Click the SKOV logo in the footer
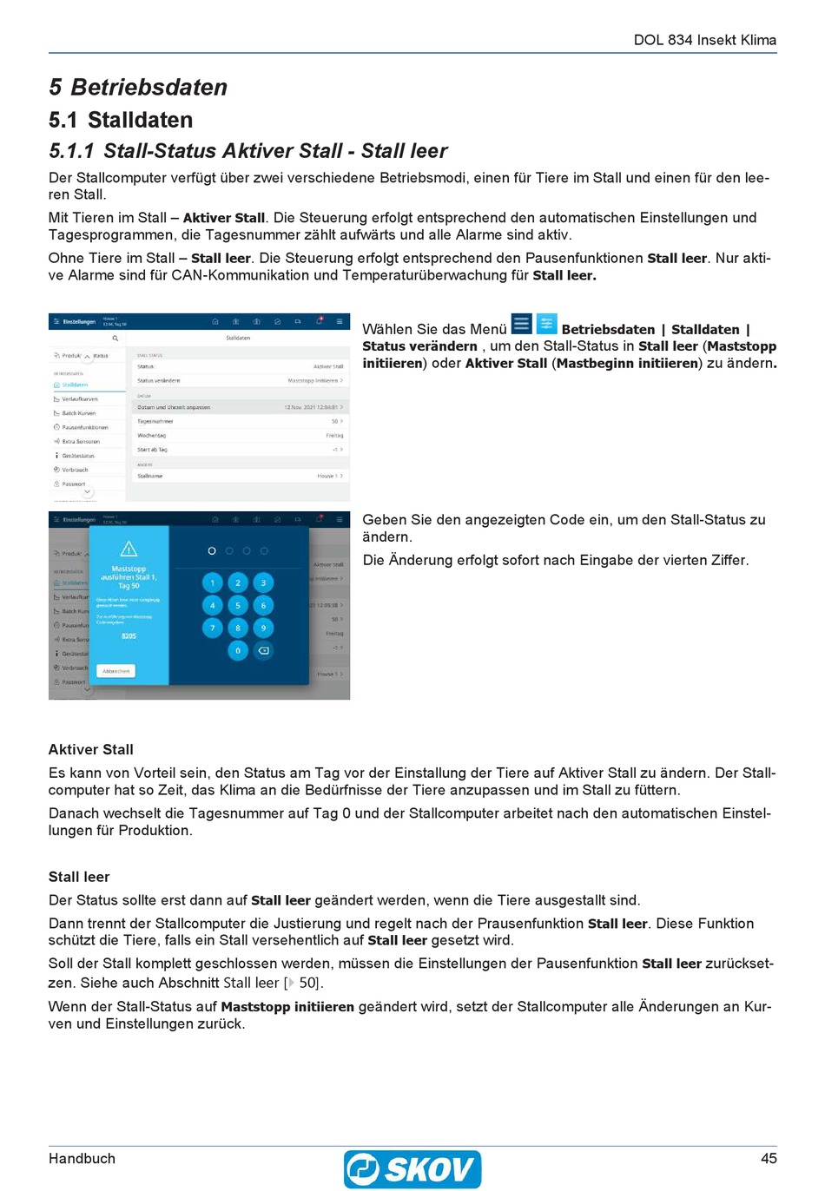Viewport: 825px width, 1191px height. pos(412,1168)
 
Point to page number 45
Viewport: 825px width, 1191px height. pos(768,1158)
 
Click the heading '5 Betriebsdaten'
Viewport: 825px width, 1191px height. pos(138,87)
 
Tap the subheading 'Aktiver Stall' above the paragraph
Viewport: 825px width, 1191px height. pos(91,749)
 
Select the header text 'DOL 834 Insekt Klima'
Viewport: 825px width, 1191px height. pos(704,40)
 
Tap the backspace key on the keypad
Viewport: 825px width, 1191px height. pos(264,650)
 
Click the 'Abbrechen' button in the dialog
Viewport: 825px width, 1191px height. pos(116,671)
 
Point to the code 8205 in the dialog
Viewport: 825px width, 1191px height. pos(129,636)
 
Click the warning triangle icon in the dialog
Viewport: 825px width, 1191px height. pos(129,549)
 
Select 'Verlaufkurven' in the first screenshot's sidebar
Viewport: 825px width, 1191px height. pos(79,399)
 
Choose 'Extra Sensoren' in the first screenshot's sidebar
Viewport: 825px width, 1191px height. pos(80,442)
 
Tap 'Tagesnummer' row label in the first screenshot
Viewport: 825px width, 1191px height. pos(155,421)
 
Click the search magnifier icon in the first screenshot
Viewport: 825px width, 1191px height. pos(115,339)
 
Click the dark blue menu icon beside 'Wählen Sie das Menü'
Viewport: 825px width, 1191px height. pos(521,325)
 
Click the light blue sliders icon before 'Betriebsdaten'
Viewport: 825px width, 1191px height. pos(546,325)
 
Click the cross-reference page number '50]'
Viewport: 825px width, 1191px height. pos(310,983)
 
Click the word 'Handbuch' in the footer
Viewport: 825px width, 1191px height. pos(82,1158)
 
